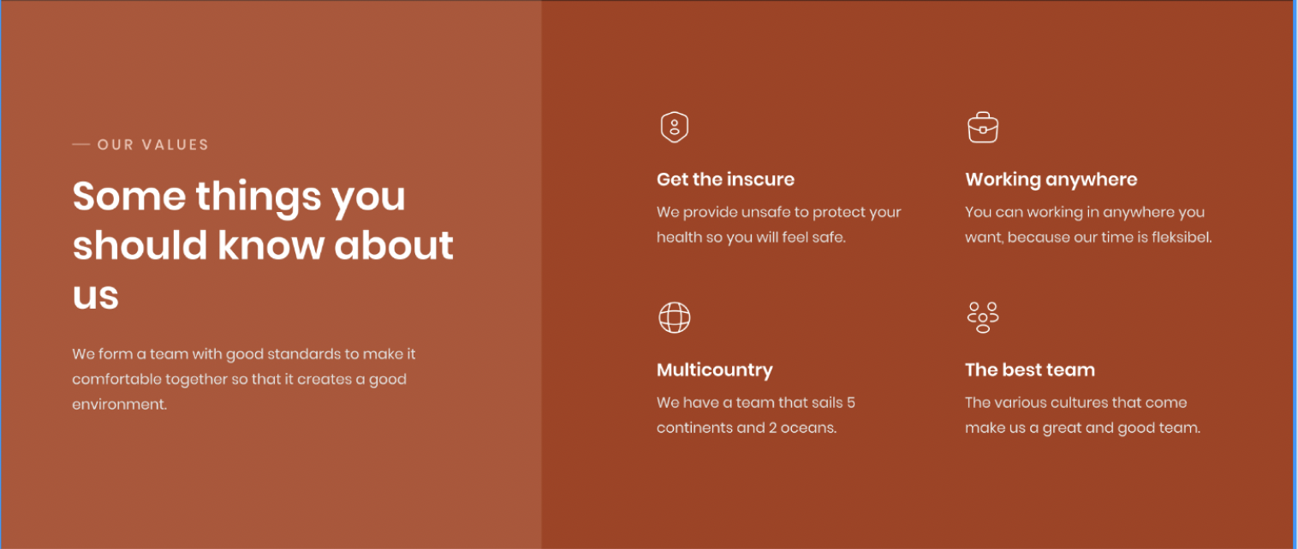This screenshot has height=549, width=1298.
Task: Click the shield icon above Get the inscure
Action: pos(675,127)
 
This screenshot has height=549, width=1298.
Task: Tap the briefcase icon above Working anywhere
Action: pos(983,127)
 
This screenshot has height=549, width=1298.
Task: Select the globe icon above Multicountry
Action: pos(675,317)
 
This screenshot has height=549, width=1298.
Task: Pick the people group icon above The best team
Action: pos(983,317)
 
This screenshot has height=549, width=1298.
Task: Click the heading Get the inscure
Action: pos(725,180)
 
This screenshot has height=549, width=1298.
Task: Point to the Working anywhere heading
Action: pos(1051,180)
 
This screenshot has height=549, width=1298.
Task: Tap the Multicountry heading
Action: pos(714,370)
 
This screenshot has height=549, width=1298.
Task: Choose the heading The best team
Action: pos(1030,369)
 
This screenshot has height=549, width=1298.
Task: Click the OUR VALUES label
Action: pos(153,145)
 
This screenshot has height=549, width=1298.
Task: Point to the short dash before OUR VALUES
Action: pos(81,145)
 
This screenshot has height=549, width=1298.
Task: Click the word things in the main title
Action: pos(259,198)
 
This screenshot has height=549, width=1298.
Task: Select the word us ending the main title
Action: pos(96,296)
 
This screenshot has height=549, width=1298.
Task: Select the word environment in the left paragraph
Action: pos(119,404)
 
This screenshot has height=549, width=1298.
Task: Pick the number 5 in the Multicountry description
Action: pos(851,403)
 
